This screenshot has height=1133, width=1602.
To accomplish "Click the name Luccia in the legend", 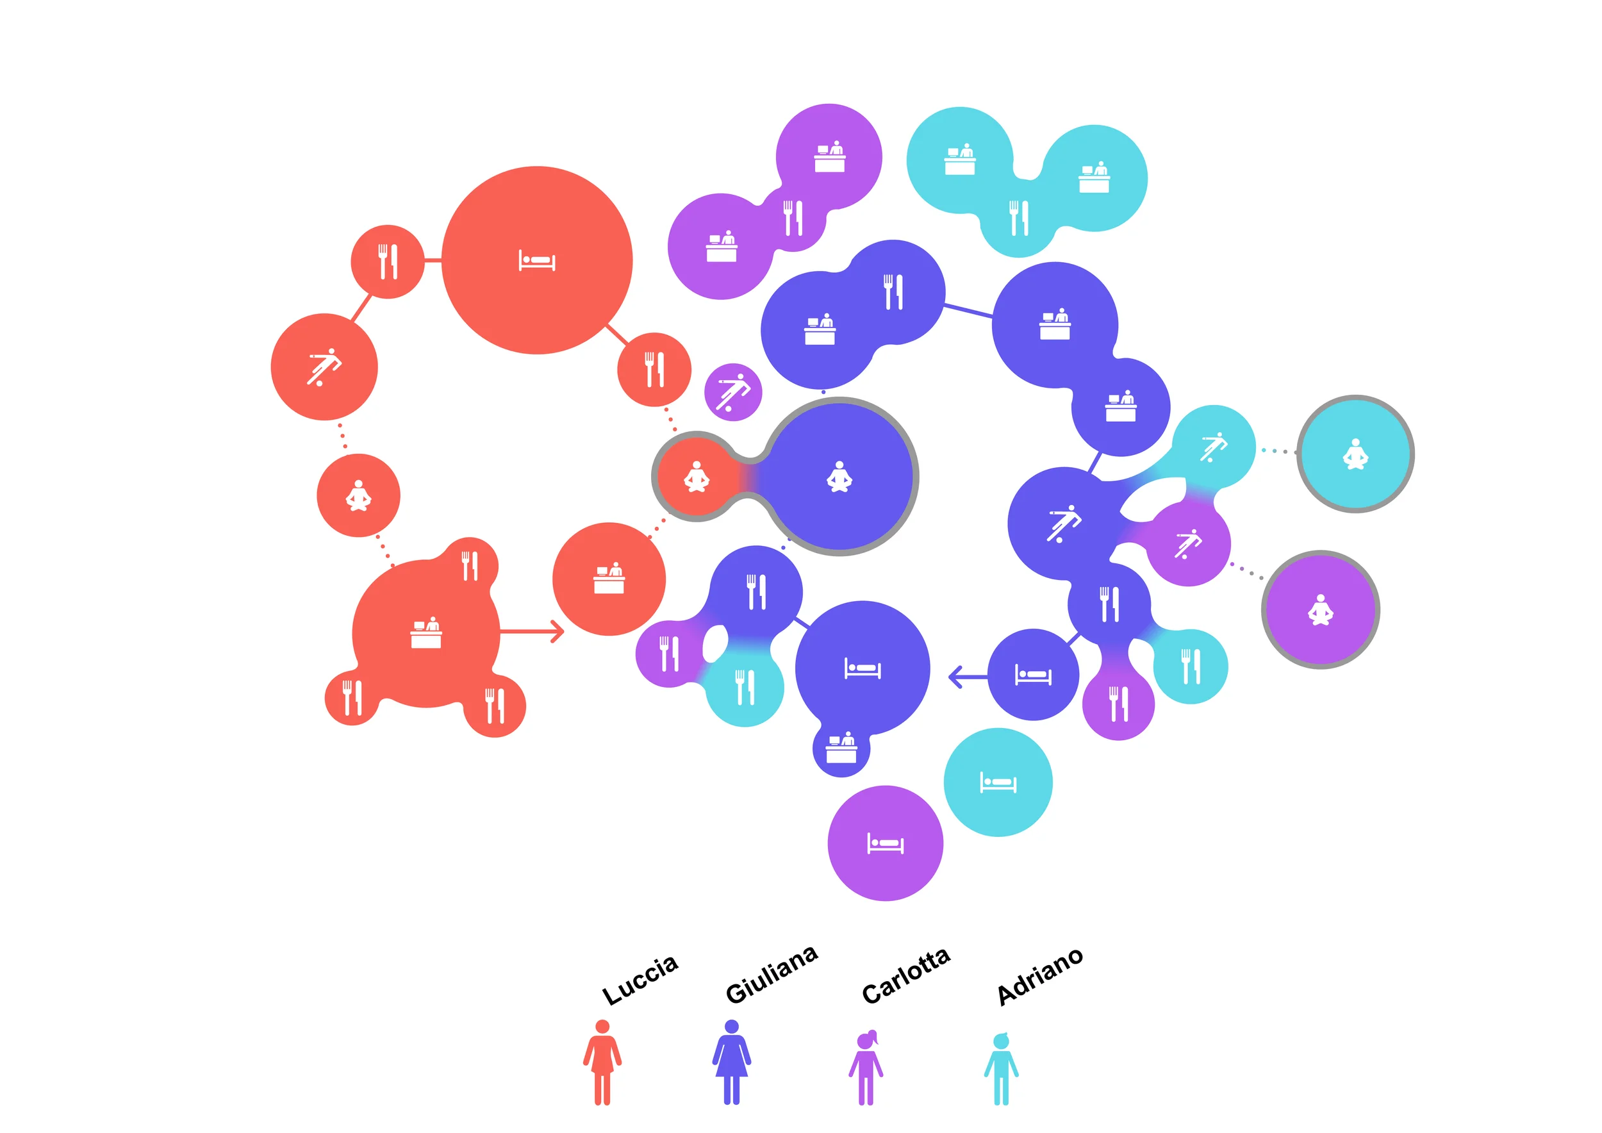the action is (639, 979).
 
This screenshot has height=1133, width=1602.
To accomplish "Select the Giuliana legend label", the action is (771, 975).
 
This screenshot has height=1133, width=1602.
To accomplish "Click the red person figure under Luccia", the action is (602, 1062).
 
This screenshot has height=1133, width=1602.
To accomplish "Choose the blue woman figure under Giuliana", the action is (731, 1062).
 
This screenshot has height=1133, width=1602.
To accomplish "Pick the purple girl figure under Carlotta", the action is (866, 1067).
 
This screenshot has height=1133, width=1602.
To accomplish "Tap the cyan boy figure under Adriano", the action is (1001, 1068).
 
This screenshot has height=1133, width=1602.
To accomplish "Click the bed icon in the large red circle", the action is (536, 260).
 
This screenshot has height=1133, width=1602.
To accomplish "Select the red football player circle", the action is (324, 367).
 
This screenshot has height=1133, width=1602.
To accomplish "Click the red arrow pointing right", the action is (534, 631).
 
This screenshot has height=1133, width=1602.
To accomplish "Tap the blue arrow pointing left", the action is (966, 676).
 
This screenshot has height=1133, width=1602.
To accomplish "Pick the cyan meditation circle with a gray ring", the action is (1355, 454).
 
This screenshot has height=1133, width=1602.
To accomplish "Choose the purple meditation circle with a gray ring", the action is (1320, 609).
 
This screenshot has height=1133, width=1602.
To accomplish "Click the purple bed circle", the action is (885, 843).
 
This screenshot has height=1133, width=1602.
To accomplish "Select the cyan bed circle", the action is (998, 782).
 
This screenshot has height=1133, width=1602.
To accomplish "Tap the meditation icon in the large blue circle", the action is (839, 477).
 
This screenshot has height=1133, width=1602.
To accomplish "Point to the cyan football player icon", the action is (1214, 447).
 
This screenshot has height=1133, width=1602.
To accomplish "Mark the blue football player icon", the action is (1064, 524).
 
